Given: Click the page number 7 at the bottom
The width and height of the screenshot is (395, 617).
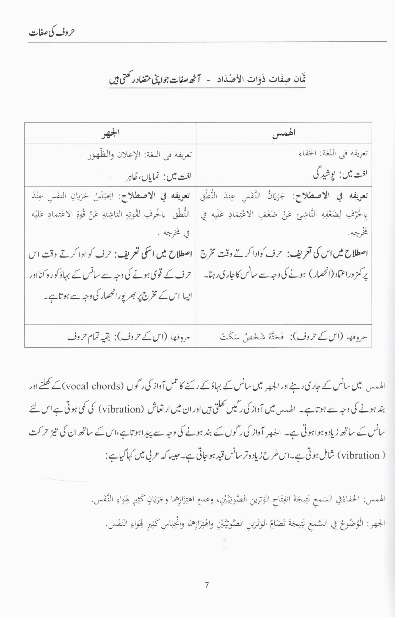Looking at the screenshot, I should [x=207, y=585].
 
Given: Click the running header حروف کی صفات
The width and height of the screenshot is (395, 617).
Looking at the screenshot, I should [x=52, y=32].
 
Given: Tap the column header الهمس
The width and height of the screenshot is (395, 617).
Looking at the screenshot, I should [x=284, y=133].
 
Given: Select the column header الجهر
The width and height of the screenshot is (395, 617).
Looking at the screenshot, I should [x=110, y=134].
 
